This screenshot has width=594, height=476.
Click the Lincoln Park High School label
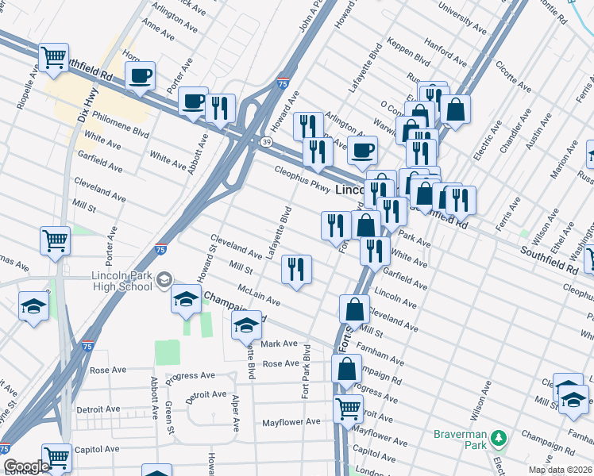point(118,280)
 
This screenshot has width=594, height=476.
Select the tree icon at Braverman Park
point(499,437)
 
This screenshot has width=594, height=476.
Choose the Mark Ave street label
point(279,344)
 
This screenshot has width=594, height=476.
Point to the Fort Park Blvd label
point(307,377)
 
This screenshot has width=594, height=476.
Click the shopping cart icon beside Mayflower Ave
point(348,409)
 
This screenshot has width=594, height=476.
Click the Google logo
point(27,466)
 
